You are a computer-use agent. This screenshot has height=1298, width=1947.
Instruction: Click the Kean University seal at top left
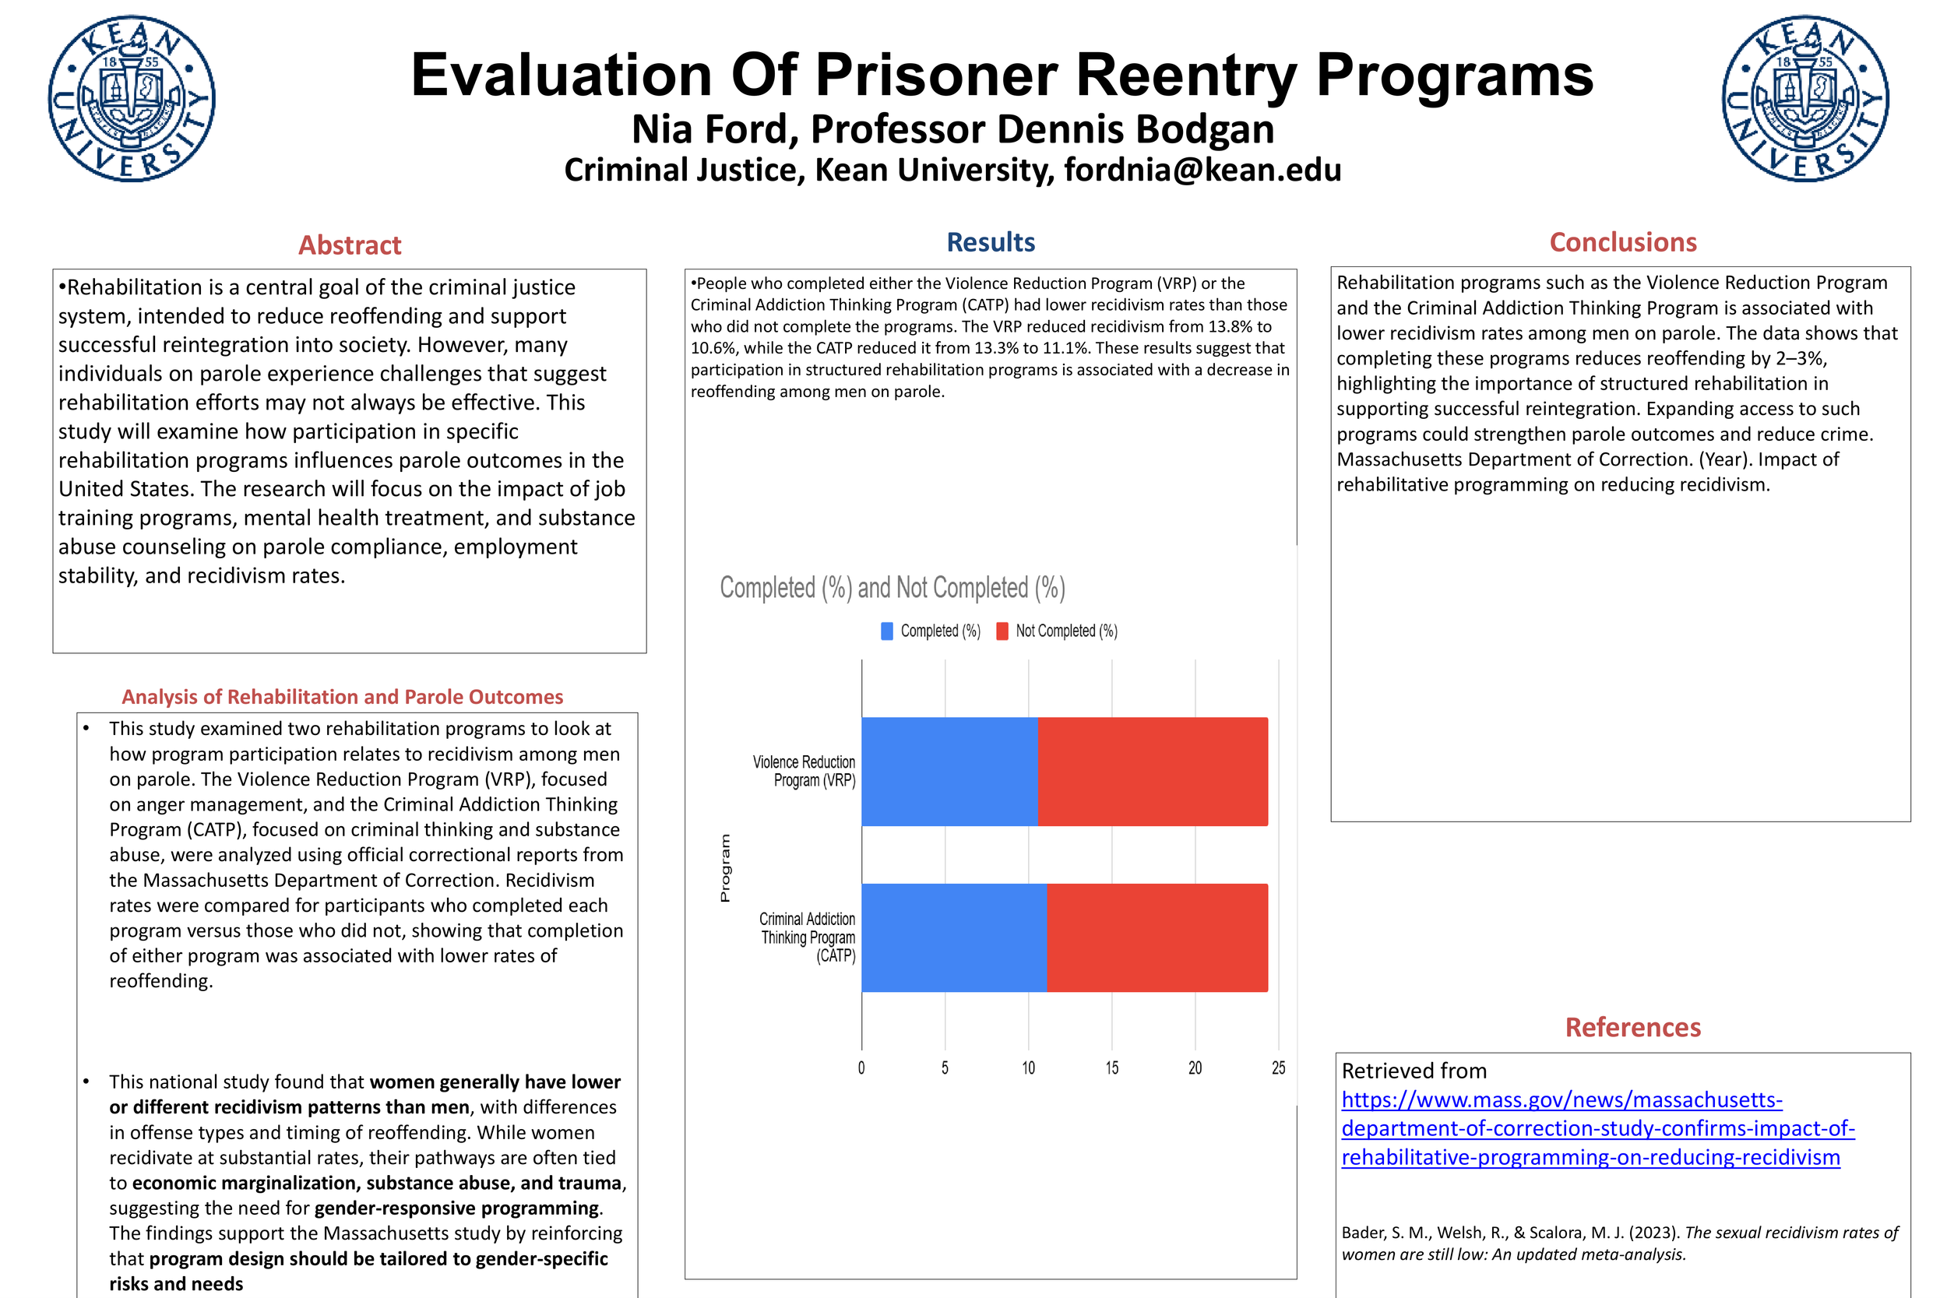coord(132,99)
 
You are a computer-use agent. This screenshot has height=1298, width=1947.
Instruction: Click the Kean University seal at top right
coord(1805,99)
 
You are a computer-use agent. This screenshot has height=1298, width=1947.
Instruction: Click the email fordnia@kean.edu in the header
coord(1202,170)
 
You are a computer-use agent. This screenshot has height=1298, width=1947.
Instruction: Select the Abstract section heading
coord(350,245)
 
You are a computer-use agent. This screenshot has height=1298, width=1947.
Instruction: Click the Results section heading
coord(990,241)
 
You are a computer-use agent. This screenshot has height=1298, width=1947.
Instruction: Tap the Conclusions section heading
coord(1622,241)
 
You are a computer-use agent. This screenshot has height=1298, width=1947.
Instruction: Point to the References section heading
coord(1632,1027)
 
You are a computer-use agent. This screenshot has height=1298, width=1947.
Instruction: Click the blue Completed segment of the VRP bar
coord(949,772)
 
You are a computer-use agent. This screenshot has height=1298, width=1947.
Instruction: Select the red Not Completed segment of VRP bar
coord(1153,772)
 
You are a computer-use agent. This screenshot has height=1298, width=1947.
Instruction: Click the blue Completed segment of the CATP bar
coord(953,938)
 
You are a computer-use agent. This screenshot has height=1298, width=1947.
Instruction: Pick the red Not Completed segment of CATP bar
coord(1157,938)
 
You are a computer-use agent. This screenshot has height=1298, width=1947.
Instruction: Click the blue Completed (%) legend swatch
coord(886,631)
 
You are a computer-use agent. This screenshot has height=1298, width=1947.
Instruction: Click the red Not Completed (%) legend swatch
coord(1002,631)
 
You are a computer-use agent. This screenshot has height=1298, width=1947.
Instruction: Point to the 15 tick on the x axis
coord(1112,1068)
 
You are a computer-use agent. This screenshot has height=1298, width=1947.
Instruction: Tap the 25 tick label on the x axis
coord(1278,1068)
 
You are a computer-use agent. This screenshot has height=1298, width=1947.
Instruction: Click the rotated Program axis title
coord(725,867)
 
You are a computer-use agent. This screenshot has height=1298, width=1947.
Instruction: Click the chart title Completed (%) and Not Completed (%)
coord(893,588)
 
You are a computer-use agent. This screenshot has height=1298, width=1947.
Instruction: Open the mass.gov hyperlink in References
coord(1597,1128)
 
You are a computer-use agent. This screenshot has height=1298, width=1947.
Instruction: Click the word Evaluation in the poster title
coord(562,75)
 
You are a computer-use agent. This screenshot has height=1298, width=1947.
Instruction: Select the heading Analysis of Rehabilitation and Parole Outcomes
coord(342,697)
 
